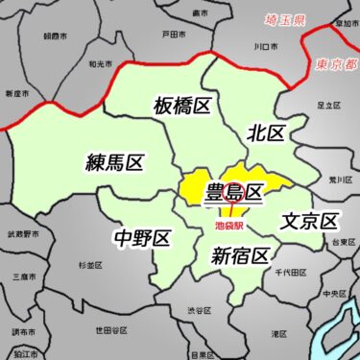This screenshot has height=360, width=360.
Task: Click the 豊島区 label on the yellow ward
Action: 234,194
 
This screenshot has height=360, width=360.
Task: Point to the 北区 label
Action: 265,133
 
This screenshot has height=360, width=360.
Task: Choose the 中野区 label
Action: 141,236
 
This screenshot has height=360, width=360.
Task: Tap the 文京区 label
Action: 310,222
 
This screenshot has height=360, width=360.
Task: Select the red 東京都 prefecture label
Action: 335,64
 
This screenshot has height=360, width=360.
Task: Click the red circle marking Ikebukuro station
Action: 229,191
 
